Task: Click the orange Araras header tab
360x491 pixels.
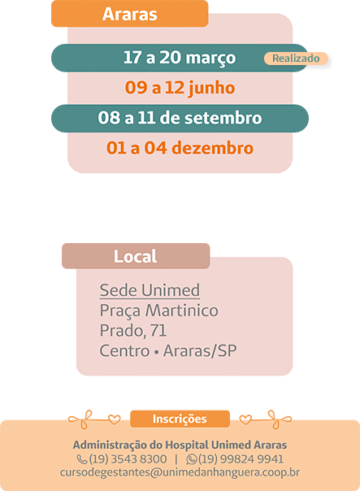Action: (x=129, y=14)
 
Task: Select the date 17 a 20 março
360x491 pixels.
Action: (x=180, y=58)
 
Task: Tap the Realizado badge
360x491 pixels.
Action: (x=296, y=59)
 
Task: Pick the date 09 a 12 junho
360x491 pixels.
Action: (x=180, y=87)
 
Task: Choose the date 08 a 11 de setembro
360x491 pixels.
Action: (x=180, y=118)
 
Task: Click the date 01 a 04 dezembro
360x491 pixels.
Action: (x=180, y=147)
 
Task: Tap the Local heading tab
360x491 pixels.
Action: (x=136, y=256)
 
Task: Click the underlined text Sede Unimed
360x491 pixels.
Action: (x=150, y=290)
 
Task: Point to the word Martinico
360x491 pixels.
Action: (x=182, y=311)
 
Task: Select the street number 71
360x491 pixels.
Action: (x=158, y=330)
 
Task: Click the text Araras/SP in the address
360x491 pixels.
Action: (x=200, y=350)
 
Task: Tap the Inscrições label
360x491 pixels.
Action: (x=180, y=419)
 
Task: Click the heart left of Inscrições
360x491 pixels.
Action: (x=114, y=419)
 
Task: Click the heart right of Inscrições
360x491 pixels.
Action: (x=245, y=419)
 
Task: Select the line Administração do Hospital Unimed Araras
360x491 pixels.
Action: (x=180, y=445)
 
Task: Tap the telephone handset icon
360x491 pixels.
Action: (x=82, y=459)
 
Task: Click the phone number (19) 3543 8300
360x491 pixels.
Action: (x=128, y=459)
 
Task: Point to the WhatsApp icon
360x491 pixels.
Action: (x=191, y=459)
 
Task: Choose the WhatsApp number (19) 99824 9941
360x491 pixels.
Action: (x=241, y=459)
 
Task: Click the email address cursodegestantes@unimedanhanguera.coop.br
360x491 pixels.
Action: (x=180, y=472)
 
